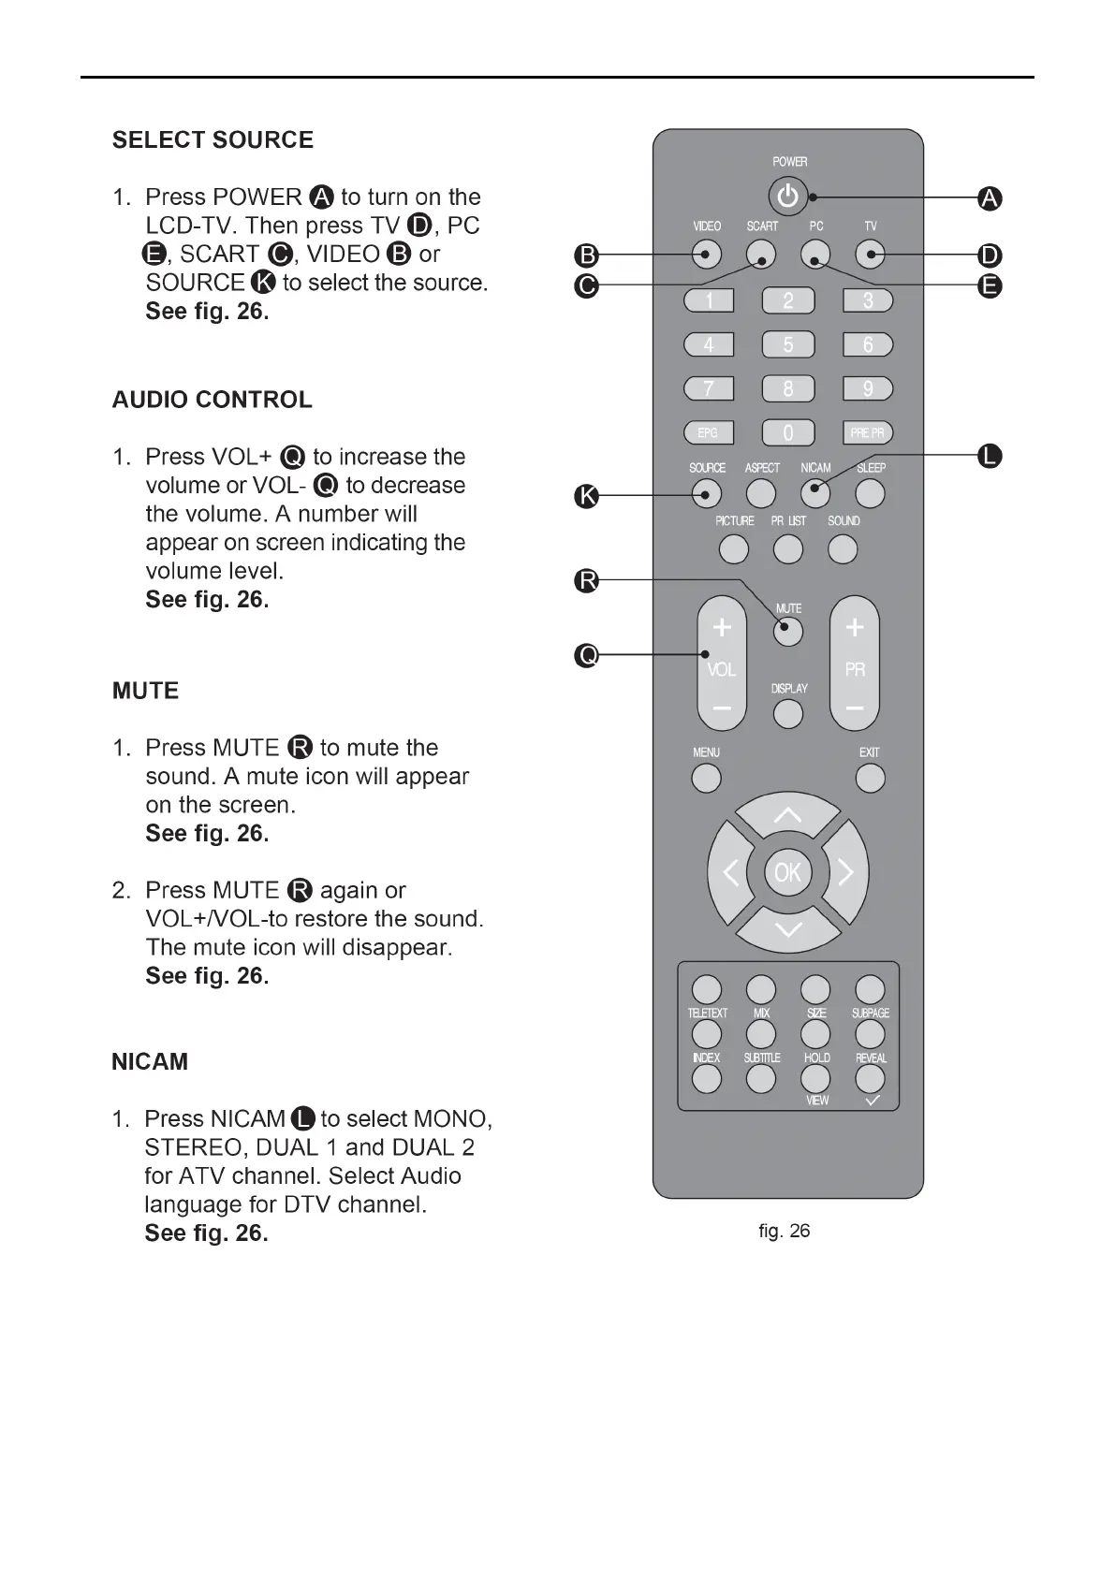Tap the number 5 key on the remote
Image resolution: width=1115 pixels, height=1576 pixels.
(x=788, y=344)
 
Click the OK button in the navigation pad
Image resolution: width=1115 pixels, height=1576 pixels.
(x=787, y=872)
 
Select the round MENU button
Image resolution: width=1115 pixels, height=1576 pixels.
(x=707, y=778)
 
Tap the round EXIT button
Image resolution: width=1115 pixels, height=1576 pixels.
(x=870, y=778)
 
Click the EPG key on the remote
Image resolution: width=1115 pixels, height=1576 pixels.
(x=709, y=432)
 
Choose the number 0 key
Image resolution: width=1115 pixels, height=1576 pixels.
(x=788, y=432)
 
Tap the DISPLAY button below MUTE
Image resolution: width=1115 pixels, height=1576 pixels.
(x=788, y=714)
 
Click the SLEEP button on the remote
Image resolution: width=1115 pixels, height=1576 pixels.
(x=870, y=493)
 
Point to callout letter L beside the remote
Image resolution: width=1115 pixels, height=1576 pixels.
(x=990, y=457)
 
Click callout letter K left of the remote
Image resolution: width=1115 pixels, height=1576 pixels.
(x=586, y=496)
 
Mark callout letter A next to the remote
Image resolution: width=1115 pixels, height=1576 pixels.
(x=990, y=198)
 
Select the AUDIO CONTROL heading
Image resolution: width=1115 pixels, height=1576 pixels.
(x=213, y=400)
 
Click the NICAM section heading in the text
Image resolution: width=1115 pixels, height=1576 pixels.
(x=150, y=1061)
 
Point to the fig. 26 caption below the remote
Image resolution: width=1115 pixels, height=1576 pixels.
(x=785, y=1231)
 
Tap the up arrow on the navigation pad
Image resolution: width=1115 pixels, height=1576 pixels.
(x=787, y=817)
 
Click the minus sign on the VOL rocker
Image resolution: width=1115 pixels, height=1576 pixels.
(x=722, y=708)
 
